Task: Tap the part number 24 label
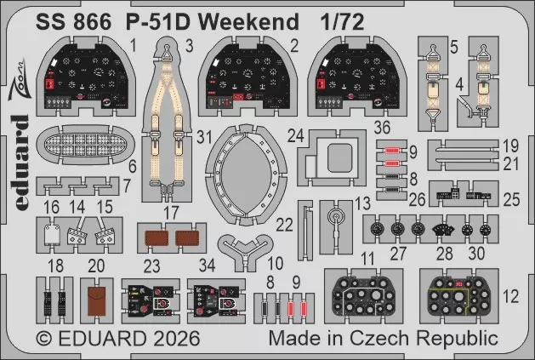pyautogui.click(x=295, y=135)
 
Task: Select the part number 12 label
pyautogui.click(x=510, y=296)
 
